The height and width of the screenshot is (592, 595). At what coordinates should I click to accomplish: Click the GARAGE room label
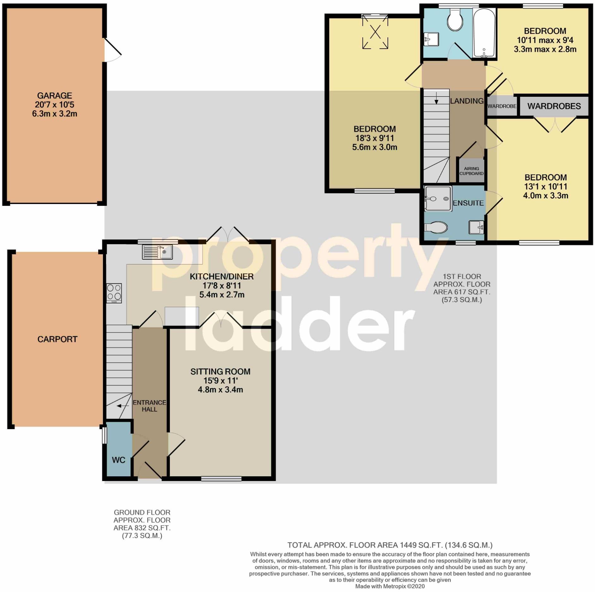[54, 96]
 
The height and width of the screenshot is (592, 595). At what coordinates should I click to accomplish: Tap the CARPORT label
[57, 339]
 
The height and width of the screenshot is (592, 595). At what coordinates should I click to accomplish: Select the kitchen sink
[157, 252]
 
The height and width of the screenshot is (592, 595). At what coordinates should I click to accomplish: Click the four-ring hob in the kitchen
[114, 293]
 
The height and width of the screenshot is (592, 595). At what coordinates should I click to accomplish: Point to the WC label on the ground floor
[118, 460]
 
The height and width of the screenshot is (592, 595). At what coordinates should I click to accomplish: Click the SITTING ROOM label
[220, 372]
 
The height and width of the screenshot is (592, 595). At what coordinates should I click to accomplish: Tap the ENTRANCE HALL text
[149, 406]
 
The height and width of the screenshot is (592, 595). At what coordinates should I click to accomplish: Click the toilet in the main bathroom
[455, 20]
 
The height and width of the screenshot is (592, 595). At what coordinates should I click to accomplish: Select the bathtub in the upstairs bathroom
[484, 33]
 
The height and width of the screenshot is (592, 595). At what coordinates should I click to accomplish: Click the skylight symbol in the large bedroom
[375, 32]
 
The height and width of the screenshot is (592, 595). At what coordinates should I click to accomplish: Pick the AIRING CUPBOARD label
[471, 171]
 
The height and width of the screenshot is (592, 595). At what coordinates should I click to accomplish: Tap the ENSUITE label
[468, 203]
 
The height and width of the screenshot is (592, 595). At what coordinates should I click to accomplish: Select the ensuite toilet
[436, 227]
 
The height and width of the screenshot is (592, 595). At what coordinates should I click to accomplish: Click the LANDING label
[467, 101]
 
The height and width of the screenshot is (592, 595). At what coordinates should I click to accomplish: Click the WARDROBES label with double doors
[554, 106]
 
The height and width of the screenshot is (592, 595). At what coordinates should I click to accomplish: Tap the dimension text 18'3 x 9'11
[375, 138]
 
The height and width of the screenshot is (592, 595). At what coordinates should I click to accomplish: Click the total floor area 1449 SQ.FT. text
[390, 545]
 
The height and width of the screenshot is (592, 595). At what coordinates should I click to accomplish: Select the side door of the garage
[112, 50]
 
